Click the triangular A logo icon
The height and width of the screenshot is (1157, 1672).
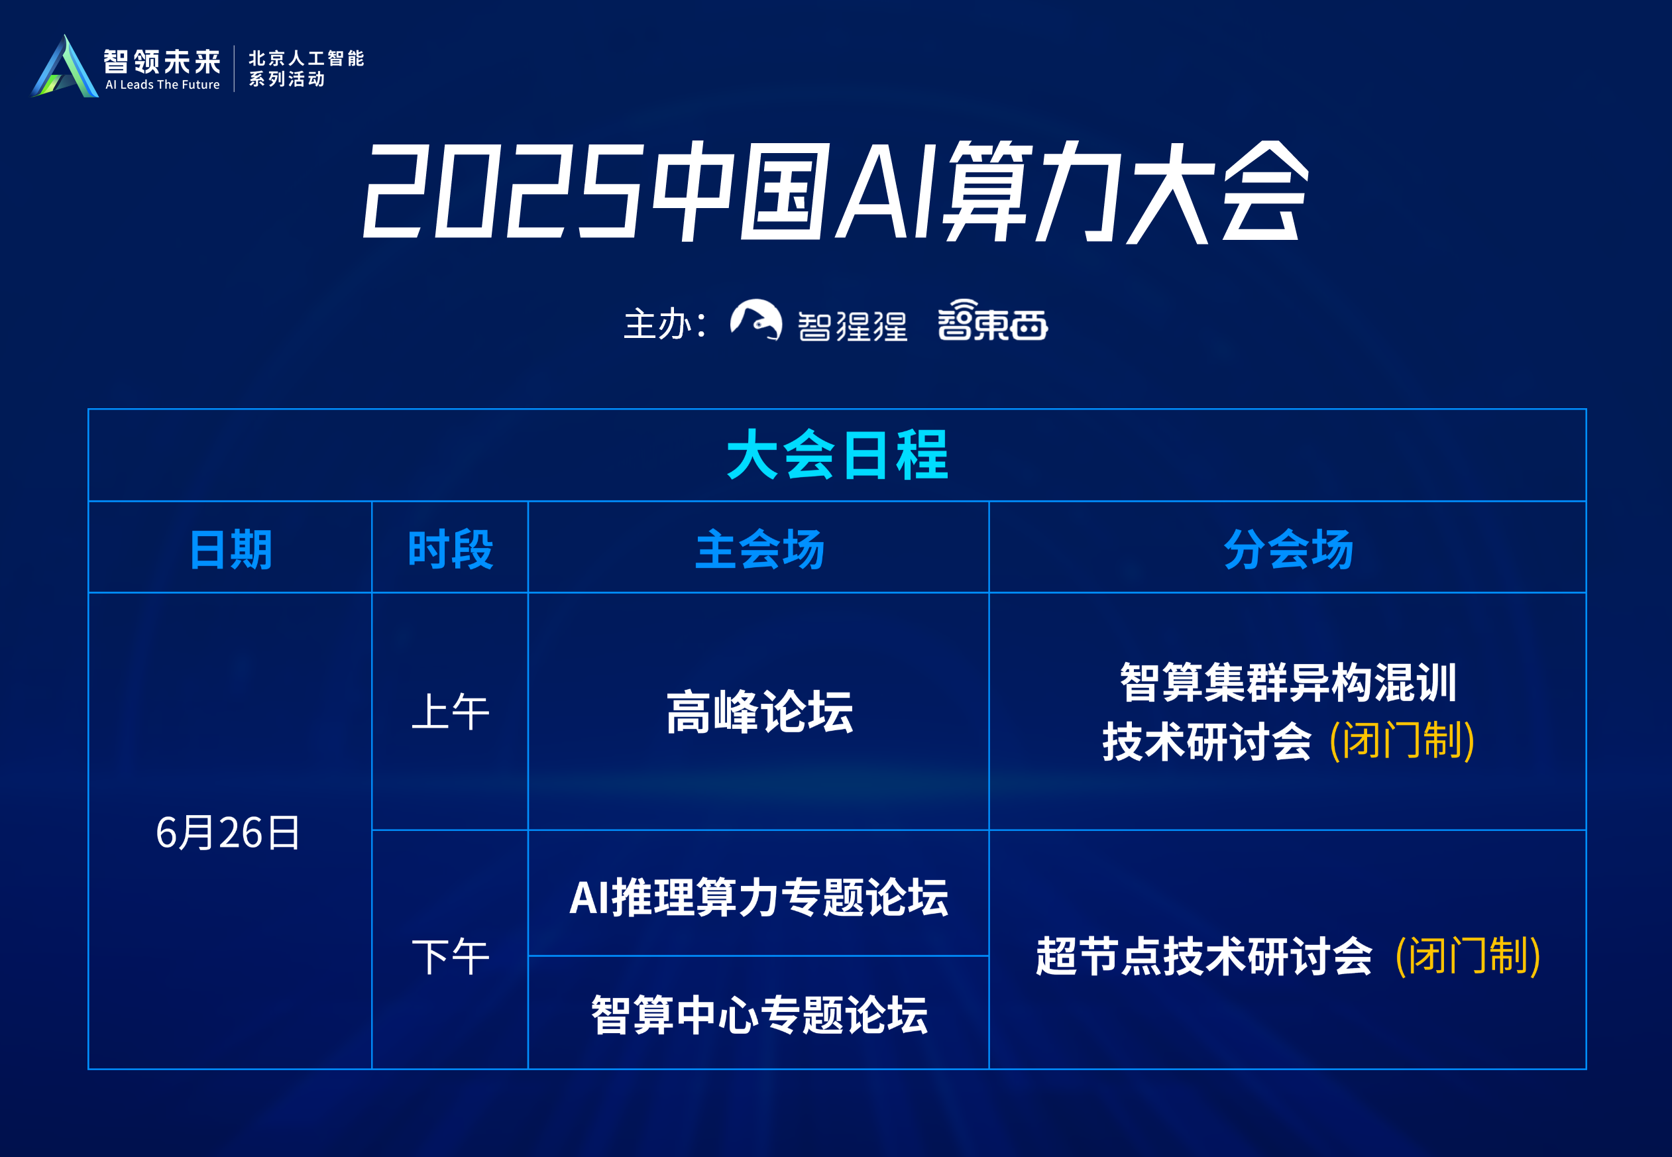point(65,68)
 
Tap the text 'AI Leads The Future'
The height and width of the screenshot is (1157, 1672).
point(162,85)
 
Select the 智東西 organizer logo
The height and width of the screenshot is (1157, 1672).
point(992,321)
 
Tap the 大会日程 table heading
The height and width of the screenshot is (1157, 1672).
point(837,455)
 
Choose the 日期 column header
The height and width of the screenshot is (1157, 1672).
point(231,549)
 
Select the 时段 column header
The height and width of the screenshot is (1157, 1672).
point(450,549)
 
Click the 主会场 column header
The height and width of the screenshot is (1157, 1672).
point(759,549)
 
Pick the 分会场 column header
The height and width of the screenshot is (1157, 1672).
point(1288,549)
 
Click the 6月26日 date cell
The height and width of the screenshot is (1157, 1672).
point(229,832)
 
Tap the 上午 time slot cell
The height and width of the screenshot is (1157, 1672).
point(450,711)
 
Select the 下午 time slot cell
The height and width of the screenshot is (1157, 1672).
point(450,956)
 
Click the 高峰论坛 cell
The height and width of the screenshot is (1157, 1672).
point(759,711)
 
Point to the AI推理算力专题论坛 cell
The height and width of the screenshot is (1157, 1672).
point(759,897)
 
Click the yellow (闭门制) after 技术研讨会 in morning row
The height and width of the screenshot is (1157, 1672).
point(1402,741)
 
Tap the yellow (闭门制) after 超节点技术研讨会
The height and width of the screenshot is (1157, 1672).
point(1467,956)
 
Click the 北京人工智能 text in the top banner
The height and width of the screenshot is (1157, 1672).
point(306,58)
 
